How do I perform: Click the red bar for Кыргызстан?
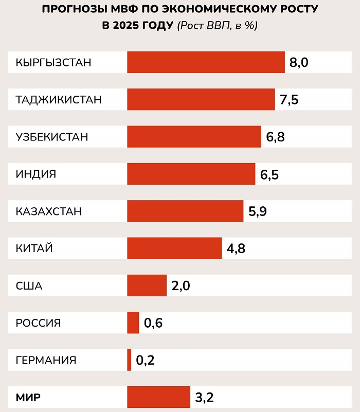coord(206,62)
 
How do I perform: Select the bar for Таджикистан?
coord(201,99)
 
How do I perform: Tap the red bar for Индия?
coord(191,174)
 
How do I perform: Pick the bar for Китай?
coord(174,248)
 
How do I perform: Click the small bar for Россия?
coord(133,323)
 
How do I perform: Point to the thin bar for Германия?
coord(129,360)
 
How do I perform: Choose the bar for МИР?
coord(158,397)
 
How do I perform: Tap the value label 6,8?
coord(275,137)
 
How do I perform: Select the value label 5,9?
coord(258,211)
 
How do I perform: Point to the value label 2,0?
coord(181,286)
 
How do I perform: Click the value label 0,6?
coord(153,324)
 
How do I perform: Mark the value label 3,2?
coord(204,398)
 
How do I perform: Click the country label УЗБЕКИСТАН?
coord(52,137)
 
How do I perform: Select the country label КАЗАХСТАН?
coord(49,211)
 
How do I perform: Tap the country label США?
coord(29,286)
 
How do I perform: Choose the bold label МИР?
coord(28,397)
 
